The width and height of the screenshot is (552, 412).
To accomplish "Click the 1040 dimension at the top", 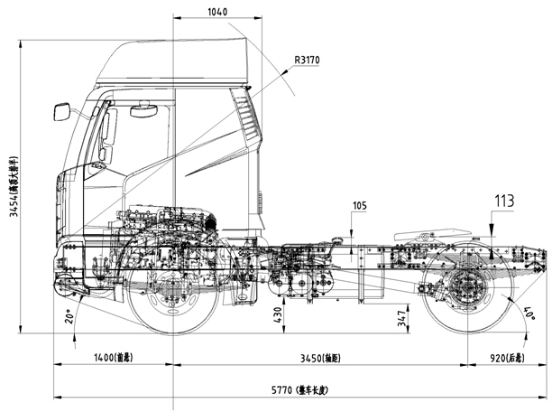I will (x=217, y=13).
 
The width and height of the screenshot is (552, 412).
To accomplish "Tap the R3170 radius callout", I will (x=307, y=61).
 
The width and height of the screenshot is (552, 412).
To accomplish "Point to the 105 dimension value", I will (x=360, y=206).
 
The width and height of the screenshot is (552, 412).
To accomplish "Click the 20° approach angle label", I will (x=69, y=316).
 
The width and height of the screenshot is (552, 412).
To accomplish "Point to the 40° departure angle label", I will (x=529, y=315).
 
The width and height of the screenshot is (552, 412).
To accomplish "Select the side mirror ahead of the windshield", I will (x=61, y=112).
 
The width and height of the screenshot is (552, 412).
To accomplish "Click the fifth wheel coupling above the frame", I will (x=424, y=237).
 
